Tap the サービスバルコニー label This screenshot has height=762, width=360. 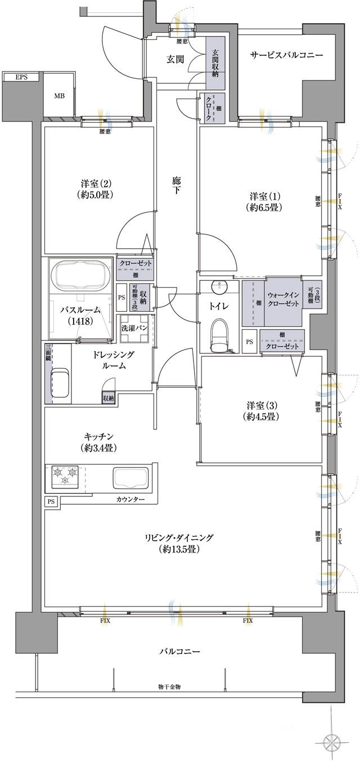286,55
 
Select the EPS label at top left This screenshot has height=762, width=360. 21,77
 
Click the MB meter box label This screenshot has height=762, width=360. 59,96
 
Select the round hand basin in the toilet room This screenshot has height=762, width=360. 218,287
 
